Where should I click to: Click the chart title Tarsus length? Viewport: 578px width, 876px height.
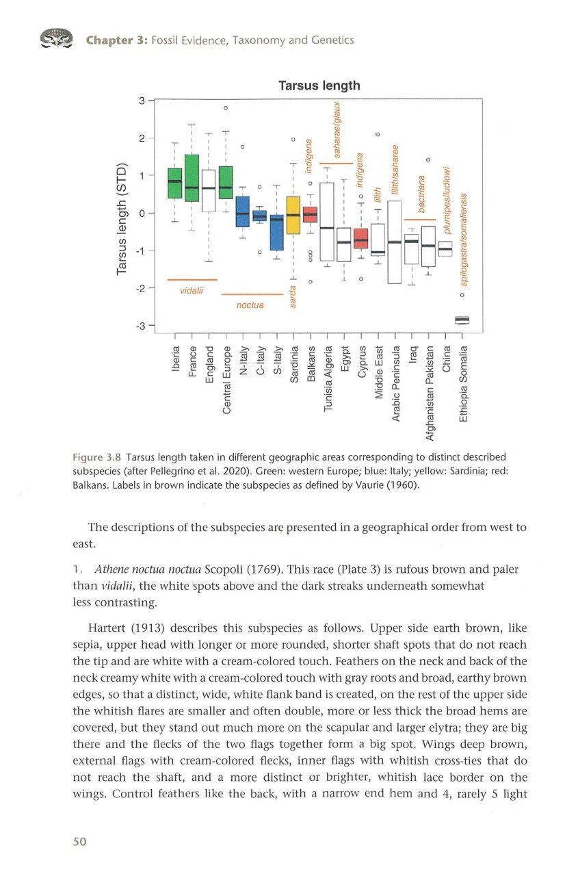[319, 86]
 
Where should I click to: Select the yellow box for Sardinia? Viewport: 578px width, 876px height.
[293, 215]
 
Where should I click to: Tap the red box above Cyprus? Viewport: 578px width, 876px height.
[361, 238]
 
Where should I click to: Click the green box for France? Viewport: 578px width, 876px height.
[192, 178]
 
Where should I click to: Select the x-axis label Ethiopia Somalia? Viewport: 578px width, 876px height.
[463, 384]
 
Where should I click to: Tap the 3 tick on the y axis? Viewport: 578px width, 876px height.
[142, 101]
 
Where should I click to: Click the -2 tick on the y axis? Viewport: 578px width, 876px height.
[140, 287]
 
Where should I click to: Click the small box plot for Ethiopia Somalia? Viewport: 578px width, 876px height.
[462, 320]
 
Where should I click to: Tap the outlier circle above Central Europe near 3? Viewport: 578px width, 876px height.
[225, 108]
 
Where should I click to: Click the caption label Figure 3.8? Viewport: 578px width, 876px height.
[97, 457]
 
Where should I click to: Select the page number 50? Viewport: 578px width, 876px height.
[80, 841]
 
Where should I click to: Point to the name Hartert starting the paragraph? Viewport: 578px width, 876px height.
[108, 628]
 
